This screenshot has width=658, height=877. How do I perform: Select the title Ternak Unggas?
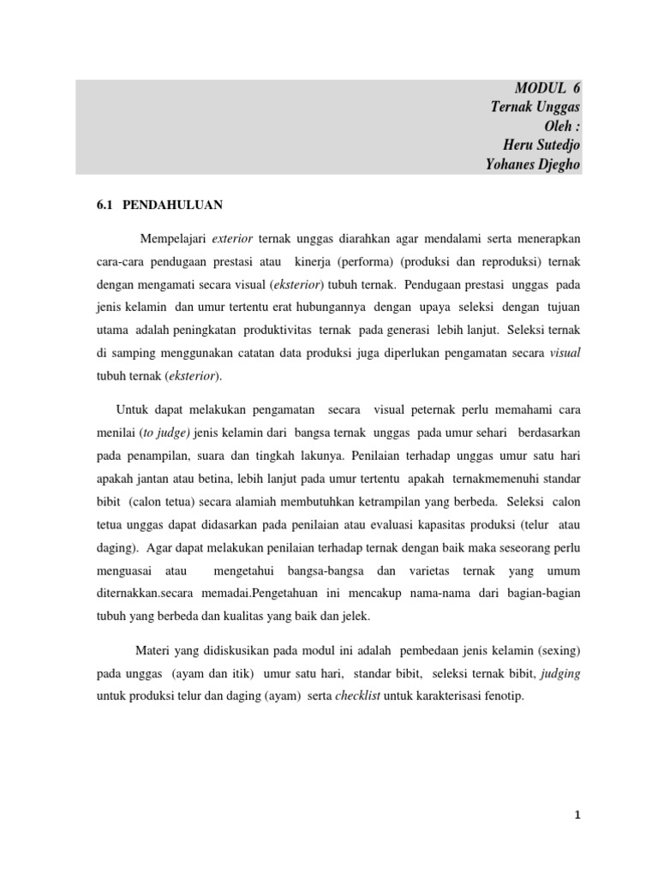(x=535, y=106)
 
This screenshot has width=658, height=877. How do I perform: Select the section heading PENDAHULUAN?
(x=173, y=205)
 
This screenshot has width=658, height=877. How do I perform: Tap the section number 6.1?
(x=104, y=205)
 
